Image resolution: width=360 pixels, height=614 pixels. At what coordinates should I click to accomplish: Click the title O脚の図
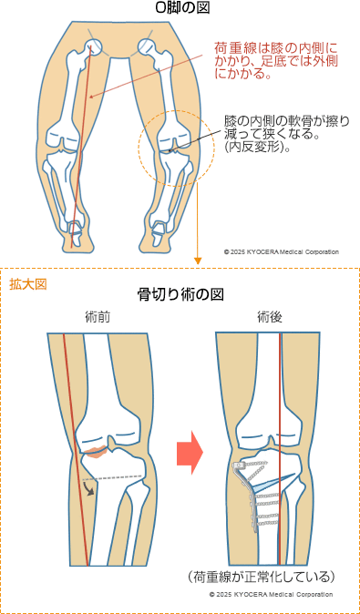tap(179, 10)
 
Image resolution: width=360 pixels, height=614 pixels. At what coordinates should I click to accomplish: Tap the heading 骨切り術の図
tap(179, 294)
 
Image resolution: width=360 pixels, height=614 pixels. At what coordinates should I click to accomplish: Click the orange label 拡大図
tap(28, 283)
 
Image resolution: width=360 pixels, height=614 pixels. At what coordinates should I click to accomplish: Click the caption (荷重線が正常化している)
tap(263, 576)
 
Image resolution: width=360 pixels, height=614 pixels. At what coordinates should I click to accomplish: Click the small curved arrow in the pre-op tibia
tap(87, 489)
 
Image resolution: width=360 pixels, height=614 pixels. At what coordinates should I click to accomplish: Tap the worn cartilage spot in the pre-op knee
tap(95, 449)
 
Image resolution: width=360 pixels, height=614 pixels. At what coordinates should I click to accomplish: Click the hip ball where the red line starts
tap(94, 49)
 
